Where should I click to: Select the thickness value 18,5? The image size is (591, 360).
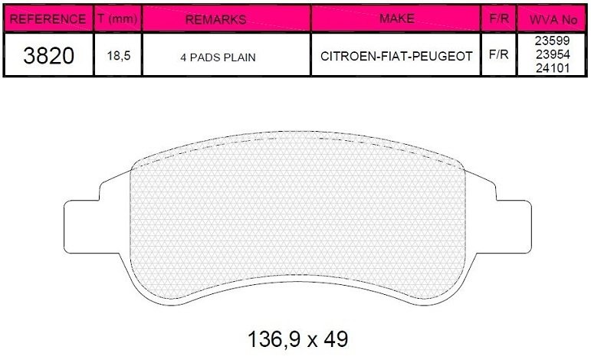pyautogui.click(x=117, y=57)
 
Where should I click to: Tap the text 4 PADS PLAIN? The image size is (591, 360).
pyautogui.click(x=218, y=57)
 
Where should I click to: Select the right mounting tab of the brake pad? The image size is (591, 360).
pyautogui.click(x=512, y=227)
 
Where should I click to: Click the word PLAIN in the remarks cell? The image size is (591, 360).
pyautogui.click(x=238, y=57)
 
